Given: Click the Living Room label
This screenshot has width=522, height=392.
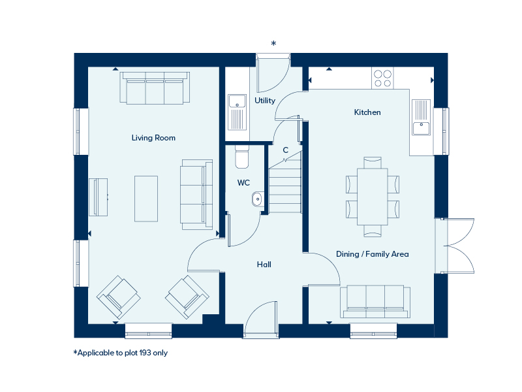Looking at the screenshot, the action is coord(153,138).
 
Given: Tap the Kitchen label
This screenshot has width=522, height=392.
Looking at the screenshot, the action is coord(367,112).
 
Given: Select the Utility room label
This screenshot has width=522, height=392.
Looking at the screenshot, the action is coord(265,101).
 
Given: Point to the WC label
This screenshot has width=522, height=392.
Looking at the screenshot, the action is coord(243,183).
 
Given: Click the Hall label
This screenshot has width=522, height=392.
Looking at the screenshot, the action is coord(264,265).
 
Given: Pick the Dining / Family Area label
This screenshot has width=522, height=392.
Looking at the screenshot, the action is coord(372,254).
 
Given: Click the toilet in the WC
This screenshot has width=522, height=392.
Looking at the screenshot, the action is coord(241,157).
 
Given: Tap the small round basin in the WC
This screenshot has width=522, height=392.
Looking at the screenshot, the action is coord(257,199).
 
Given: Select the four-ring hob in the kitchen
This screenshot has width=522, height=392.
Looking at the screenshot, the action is coord(382,78).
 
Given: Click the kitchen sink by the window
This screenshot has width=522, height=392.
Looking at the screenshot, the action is coord(421,118).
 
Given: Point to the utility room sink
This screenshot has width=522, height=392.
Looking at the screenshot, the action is coord(237,112).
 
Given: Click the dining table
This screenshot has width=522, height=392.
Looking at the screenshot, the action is coord(372,197).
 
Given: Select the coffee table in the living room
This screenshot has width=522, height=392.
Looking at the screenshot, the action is coord(146,199).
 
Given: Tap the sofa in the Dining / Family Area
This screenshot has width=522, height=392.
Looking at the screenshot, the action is coord(375,301).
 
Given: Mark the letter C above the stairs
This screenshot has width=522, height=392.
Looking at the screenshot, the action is coord(286,150).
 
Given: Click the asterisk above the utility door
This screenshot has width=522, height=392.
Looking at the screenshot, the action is coord(273,43).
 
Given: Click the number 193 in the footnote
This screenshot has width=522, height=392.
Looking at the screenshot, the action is coord(145,353).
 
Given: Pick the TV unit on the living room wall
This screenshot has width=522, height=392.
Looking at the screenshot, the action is coord(99,197).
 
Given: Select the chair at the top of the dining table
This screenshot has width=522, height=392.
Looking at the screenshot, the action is coord(373,163).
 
